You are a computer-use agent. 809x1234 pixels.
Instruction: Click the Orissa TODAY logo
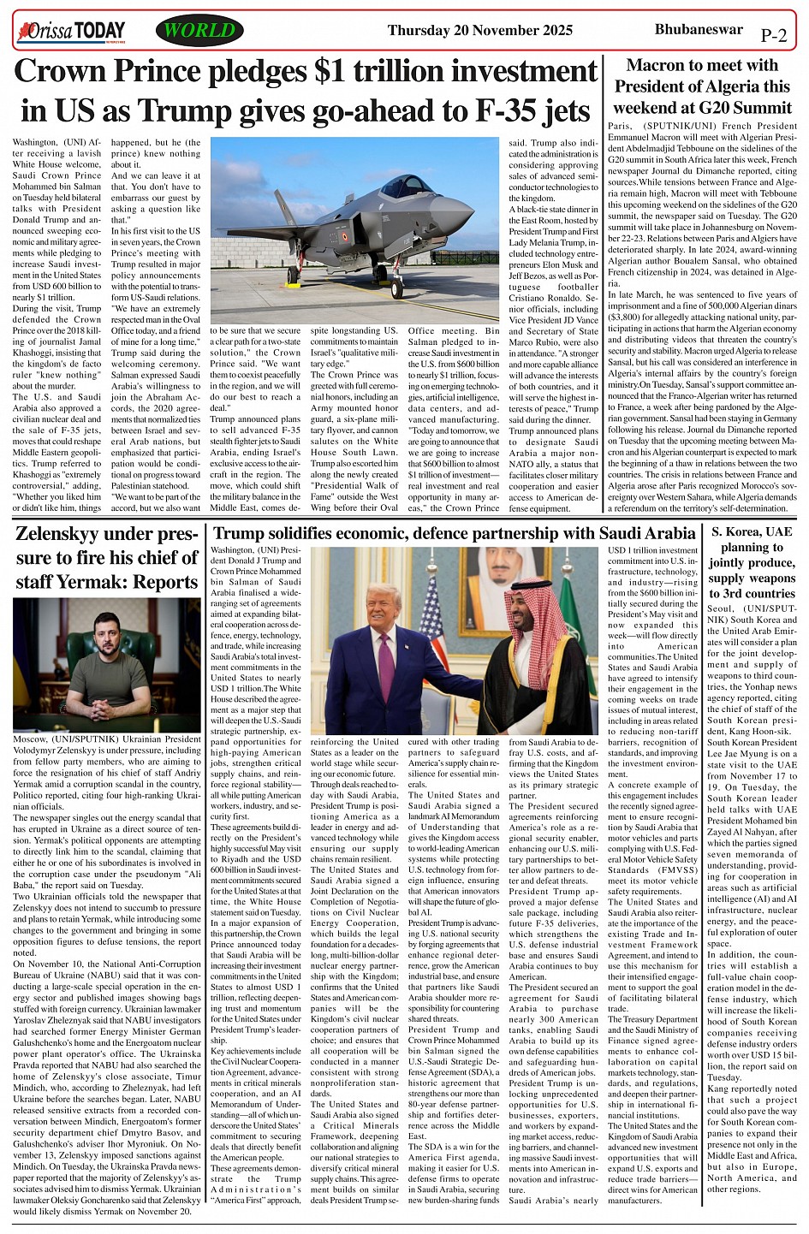pyautogui.click(x=70, y=33)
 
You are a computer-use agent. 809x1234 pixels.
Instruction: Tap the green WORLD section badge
pyautogui.click(x=199, y=31)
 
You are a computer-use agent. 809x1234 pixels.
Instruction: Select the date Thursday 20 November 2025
pyautogui.click(x=479, y=31)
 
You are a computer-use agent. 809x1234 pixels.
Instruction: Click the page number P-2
pyautogui.click(x=773, y=36)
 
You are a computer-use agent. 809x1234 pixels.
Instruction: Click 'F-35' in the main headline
pyautogui.click(x=472, y=111)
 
